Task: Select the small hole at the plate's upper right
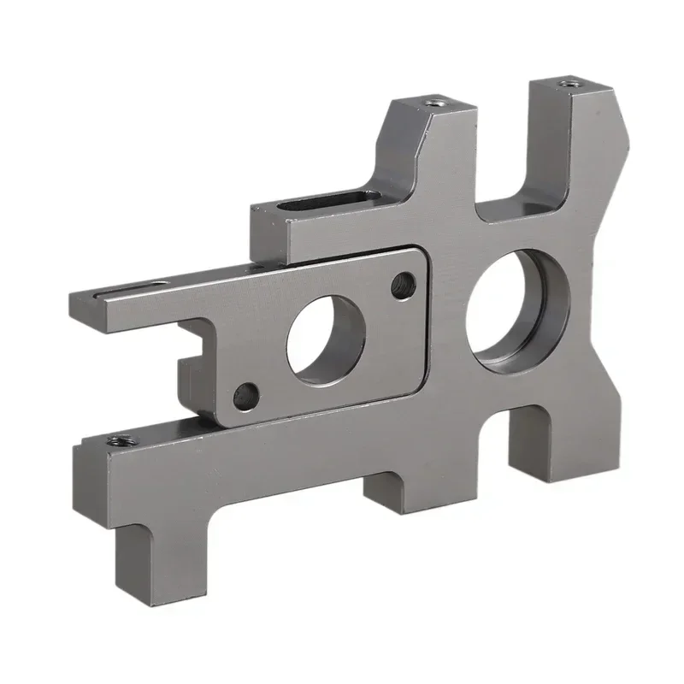click(x=403, y=285)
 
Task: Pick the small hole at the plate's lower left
click(x=246, y=395)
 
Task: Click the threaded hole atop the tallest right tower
click(x=569, y=83)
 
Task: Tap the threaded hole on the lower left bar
click(x=118, y=441)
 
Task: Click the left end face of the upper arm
click(x=80, y=313)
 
